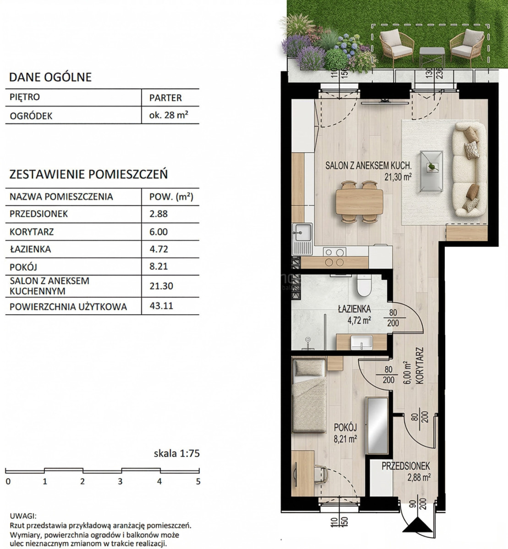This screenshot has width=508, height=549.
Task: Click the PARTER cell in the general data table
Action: (165, 97)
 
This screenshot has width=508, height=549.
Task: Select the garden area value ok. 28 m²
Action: (169, 115)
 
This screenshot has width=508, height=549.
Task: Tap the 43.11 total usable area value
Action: (161, 306)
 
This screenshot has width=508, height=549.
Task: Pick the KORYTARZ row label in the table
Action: (32, 231)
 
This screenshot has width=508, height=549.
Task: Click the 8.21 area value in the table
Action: (158, 266)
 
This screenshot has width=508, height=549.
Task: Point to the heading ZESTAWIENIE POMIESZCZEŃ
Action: (88, 174)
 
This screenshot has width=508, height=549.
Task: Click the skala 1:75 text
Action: (177, 453)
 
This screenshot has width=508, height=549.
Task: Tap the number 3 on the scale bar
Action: (120, 481)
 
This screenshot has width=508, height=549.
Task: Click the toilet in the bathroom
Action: (364, 285)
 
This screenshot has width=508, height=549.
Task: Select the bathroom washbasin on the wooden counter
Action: (361, 342)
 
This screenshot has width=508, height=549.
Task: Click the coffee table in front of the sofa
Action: (432, 171)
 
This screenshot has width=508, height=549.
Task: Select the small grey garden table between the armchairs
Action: (432, 57)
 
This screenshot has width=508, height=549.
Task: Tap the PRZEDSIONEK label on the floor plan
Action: (406, 466)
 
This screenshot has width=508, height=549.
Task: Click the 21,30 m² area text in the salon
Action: (398, 177)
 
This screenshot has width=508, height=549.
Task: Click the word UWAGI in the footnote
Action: (23, 516)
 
